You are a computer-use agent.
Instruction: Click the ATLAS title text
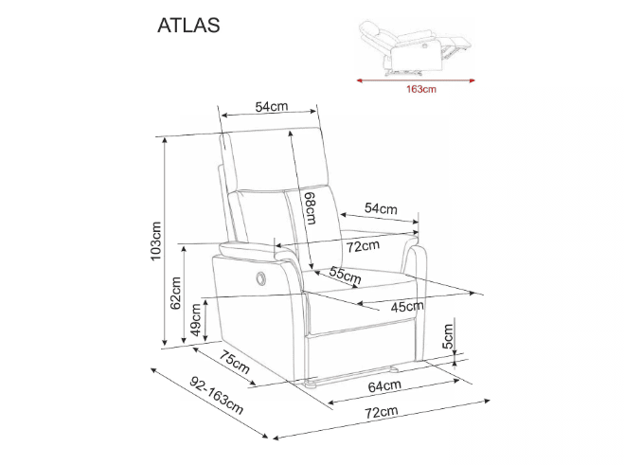pyautogui.click(x=188, y=26)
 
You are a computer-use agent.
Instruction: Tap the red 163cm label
pyautogui.click(x=419, y=90)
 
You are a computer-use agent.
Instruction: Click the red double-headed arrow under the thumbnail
pyautogui.click(x=417, y=80)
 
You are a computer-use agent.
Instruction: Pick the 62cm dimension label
pyautogui.click(x=174, y=293)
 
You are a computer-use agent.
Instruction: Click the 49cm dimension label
pyautogui.click(x=196, y=320)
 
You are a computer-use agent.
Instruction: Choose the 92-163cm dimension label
pyautogui.click(x=216, y=397)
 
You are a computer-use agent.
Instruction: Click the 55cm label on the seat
pyautogui.click(x=345, y=276)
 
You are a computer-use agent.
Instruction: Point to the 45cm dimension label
pyautogui.click(x=407, y=305)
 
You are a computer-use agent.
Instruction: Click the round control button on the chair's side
pyautogui.click(x=260, y=275)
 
